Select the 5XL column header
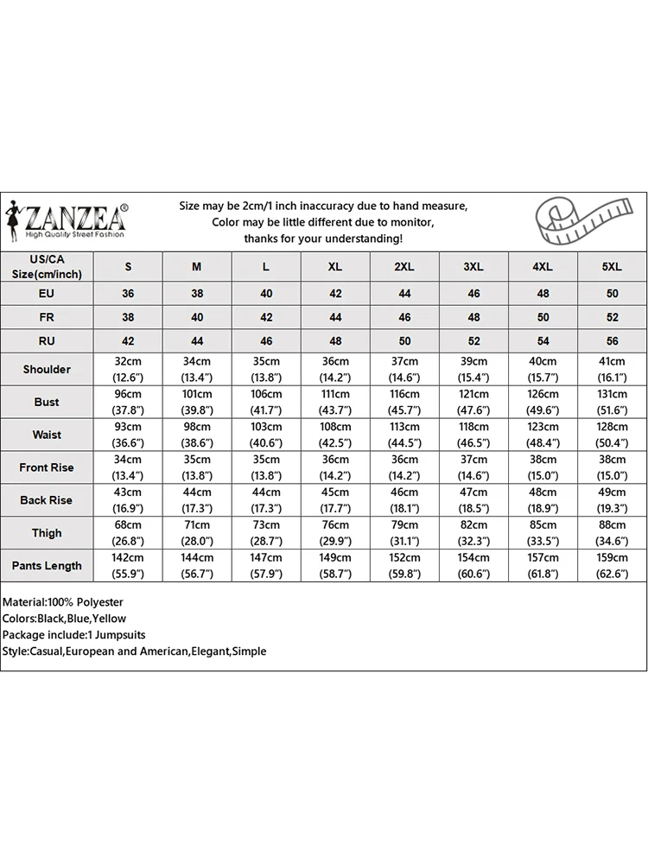(x=612, y=267)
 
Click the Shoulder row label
(x=47, y=369)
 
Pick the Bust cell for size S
(x=128, y=402)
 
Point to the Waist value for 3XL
(x=473, y=435)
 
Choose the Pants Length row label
(x=47, y=566)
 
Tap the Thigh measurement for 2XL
(x=404, y=533)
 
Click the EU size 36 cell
(x=128, y=294)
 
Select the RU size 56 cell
(x=612, y=341)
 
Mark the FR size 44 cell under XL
(x=335, y=317)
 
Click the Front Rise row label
(x=47, y=467)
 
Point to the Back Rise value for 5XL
(x=612, y=500)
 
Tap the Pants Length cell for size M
(x=197, y=566)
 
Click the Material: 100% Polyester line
(x=63, y=601)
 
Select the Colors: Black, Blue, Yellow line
(x=65, y=618)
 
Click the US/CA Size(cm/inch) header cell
(x=47, y=267)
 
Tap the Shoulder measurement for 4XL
(x=543, y=369)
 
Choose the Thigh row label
(x=47, y=533)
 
